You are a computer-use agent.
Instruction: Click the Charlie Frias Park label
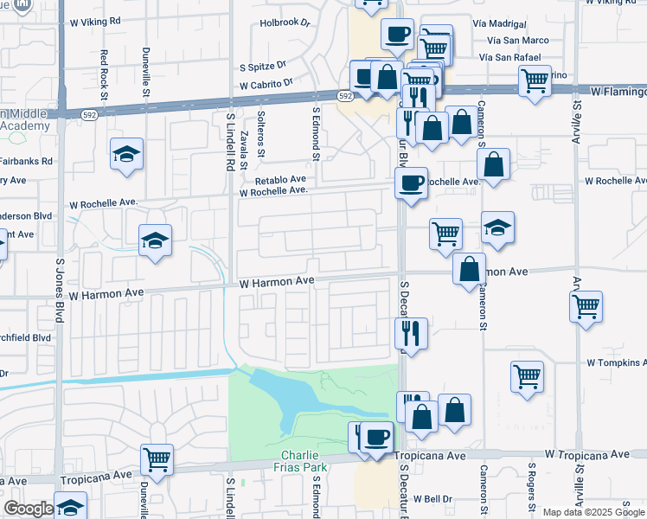point(304,462)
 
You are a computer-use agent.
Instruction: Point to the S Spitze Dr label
point(263,66)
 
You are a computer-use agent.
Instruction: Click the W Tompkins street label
point(616,362)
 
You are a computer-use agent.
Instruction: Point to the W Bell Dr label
point(432,499)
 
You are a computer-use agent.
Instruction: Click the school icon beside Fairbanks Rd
point(126,155)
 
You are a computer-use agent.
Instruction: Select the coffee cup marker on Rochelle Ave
point(411,183)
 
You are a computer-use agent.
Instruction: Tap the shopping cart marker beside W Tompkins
point(527,376)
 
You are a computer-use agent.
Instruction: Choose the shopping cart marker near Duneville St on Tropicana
point(157,459)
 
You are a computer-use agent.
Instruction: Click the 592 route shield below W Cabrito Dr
point(344,96)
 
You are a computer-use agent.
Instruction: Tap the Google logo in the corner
point(29,509)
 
